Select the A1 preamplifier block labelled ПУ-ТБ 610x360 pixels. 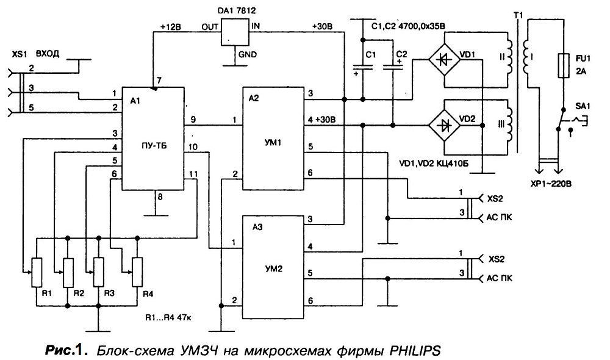(x=153, y=139)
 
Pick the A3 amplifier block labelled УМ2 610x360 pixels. (x=273, y=267)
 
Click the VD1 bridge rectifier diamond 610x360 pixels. (x=443, y=59)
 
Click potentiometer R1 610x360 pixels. (x=37, y=272)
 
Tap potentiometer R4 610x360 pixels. (x=137, y=272)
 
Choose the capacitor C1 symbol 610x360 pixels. (x=362, y=67)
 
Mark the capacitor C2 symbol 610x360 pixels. (x=392, y=67)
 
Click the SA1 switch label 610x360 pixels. (x=583, y=106)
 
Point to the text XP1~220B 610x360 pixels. (x=551, y=184)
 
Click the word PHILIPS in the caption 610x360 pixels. (x=415, y=350)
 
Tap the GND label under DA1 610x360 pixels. (x=248, y=54)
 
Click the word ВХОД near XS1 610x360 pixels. (x=48, y=54)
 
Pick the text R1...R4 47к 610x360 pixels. (x=168, y=317)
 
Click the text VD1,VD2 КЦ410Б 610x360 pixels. (x=434, y=164)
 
